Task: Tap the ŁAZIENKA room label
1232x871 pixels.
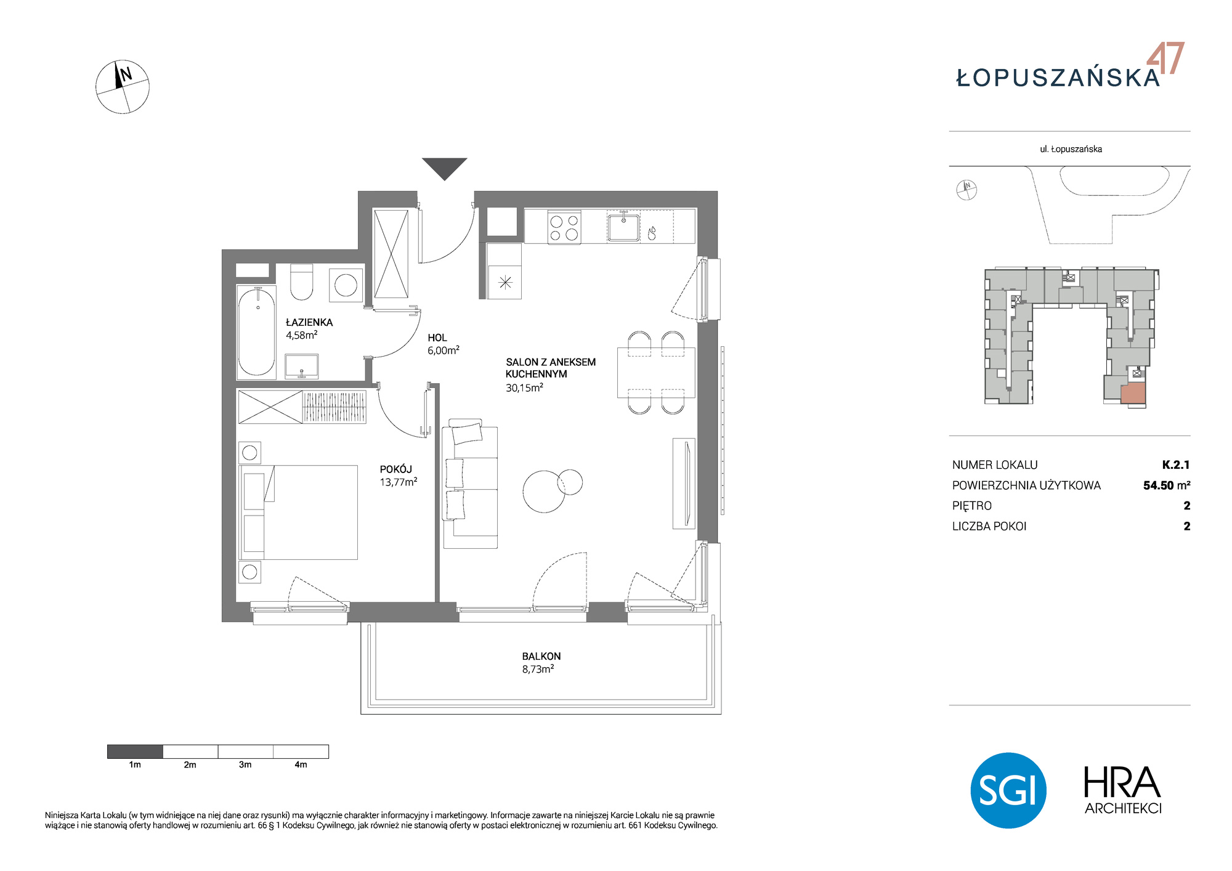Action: [x=309, y=322]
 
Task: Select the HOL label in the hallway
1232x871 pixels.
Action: [x=437, y=338]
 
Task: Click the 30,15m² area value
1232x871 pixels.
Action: [x=524, y=388]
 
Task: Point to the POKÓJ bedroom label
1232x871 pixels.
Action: [x=395, y=469]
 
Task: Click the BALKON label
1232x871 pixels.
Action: [x=541, y=657]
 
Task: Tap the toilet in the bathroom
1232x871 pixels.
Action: [x=301, y=282]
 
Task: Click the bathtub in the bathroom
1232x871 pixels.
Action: [x=256, y=331]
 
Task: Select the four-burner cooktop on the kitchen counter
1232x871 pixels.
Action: [x=564, y=228]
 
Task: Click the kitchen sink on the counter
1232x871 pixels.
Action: [x=623, y=227]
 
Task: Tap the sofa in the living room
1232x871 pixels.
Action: [x=470, y=484]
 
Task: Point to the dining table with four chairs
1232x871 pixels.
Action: [x=657, y=373]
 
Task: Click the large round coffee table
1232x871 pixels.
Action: [x=544, y=492]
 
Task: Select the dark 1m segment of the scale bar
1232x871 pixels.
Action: [x=135, y=751]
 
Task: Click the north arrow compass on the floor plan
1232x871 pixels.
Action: [x=123, y=87]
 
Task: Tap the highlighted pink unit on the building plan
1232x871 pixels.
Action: [x=1133, y=393]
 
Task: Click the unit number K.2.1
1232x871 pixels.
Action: [x=1176, y=465]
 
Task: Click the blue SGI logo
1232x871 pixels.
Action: [x=1008, y=790]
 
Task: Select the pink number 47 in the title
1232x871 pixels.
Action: [x=1165, y=59]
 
